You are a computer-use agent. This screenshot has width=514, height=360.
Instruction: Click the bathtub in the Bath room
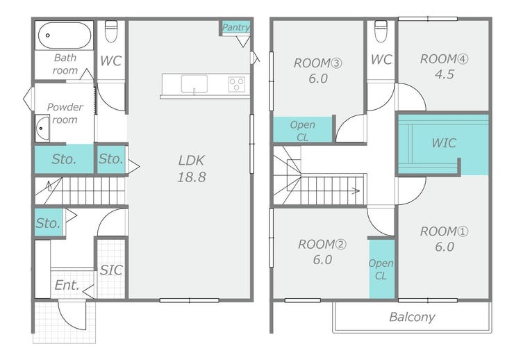point(64,35)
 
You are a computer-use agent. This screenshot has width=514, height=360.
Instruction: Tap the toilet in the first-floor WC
point(111,31)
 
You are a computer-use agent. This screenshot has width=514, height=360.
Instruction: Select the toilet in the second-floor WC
point(381,31)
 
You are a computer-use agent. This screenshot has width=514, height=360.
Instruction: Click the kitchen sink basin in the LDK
point(194,84)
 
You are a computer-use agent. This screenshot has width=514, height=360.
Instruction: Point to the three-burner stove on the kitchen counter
point(237,84)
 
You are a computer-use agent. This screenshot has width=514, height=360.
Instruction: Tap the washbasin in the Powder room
point(42,128)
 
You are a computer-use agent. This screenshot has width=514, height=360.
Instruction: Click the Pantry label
point(235,27)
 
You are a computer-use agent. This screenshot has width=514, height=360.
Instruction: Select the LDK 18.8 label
point(192,168)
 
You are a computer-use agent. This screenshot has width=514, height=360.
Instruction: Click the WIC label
point(444,143)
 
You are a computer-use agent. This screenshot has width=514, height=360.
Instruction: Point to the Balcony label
point(412,317)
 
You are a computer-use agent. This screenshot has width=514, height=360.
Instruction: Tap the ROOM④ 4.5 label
point(444,67)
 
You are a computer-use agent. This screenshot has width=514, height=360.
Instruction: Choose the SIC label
point(111,270)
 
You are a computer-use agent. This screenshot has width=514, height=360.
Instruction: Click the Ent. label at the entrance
point(67,285)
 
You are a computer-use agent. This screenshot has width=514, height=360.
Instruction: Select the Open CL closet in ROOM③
point(303,130)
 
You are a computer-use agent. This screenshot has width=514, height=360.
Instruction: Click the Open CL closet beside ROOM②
point(382,269)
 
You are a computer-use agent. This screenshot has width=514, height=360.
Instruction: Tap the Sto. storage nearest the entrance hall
point(49,222)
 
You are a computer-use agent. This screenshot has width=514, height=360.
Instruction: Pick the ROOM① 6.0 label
point(444,239)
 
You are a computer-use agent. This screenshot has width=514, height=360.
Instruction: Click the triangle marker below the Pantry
point(243,42)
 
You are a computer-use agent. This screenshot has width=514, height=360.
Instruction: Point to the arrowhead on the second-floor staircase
point(356,191)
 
